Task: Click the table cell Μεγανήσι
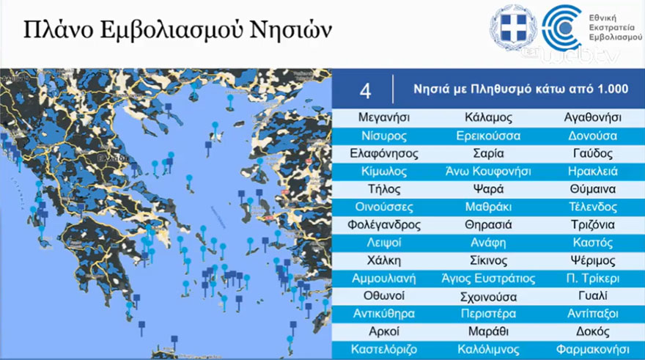coord(384,117)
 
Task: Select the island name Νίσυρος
coord(384,136)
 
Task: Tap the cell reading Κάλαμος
coord(488,117)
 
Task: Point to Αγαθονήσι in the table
coord(592,117)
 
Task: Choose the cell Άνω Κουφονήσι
coord(488,171)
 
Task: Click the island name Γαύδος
coord(592,153)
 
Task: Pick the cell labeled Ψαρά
coord(488,189)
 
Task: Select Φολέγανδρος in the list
coord(384,224)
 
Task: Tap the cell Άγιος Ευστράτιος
coord(488,279)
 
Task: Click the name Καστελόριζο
coord(384,350)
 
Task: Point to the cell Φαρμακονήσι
coord(592,350)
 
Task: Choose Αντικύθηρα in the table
coord(384,314)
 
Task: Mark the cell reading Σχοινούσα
coord(488,297)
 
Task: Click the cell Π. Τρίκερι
coord(592,279)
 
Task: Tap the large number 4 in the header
coord(365,90)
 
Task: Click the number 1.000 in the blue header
coord(613,89)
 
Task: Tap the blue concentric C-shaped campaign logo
coord(561,27)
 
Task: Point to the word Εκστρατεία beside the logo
coord(612,28)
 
